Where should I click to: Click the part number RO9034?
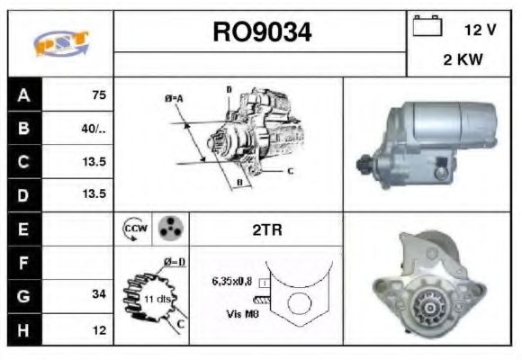tap(262, 32)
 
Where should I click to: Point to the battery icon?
tap(425, 27)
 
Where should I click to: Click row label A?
tap(23, 94)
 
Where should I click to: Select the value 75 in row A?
tap(99, 94)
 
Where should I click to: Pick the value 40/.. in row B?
tap(94, 129)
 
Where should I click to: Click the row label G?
tap(23, 293)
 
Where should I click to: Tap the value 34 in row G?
tap(99, 293)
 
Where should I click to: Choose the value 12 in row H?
tap(100, 329)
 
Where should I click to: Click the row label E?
tap(23, 229)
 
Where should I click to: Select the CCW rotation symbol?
tap(133, 229)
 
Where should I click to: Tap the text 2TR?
tap(265, 229)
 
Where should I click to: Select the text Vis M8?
tap(236, 314)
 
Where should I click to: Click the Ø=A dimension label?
tap(174, 98)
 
